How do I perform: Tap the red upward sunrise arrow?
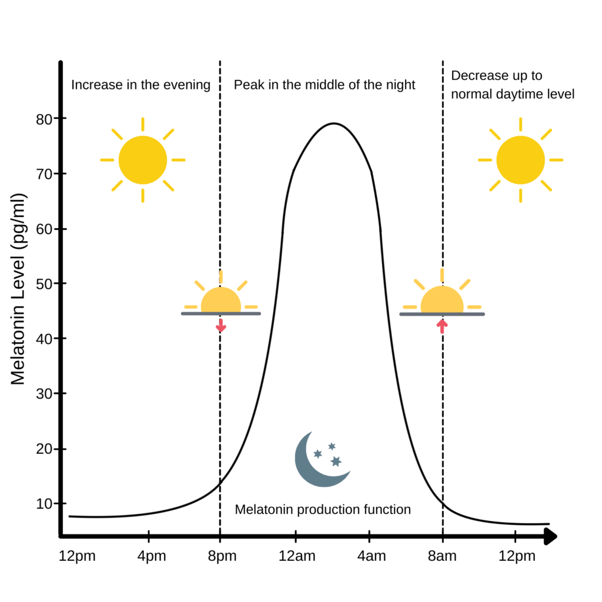442,325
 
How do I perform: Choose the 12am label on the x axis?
296,556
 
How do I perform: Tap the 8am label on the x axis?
442,556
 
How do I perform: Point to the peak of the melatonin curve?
333,123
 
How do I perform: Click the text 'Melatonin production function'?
323,509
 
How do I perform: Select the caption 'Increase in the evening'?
141,85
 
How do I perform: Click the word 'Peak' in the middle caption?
246,85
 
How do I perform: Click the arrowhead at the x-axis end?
550,536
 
